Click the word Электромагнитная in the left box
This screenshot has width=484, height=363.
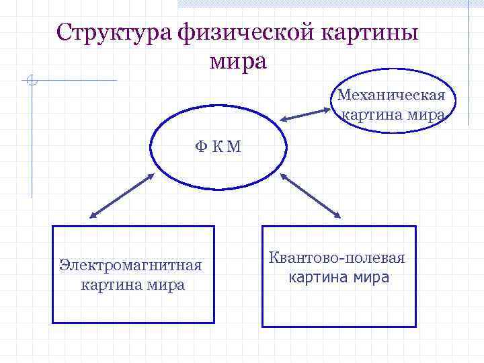(130, 265)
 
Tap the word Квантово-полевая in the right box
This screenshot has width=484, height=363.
(337, 258)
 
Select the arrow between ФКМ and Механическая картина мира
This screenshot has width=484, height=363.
(307, 112)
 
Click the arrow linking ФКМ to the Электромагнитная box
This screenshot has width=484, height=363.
(122, 195)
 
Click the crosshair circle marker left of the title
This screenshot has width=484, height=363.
(32, 81)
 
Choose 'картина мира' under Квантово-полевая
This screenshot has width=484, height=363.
(339, 277)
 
